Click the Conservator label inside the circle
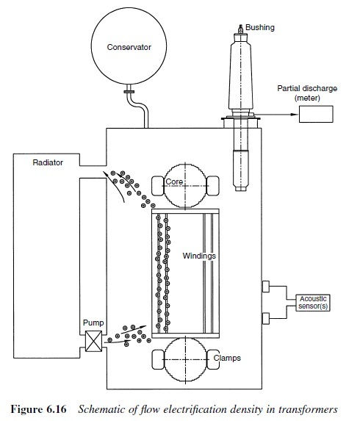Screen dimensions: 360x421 pos(129,47)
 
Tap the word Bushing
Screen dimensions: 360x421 pos(260,28)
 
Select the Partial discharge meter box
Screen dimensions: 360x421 pos(316,114)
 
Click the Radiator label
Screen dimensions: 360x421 pos(48,162)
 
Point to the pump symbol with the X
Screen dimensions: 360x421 pos(94,341)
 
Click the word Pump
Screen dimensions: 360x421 pos(93,323)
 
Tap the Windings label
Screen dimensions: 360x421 pos(199,256)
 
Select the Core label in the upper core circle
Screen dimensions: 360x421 pos(174,181)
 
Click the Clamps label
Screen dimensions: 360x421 pos(227,358)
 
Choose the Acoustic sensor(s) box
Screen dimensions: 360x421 pos(313,303)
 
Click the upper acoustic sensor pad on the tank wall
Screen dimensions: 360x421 pos(265,287)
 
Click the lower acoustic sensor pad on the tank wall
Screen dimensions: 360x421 pos(265,318)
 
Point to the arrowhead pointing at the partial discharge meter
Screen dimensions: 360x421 pos(295,114)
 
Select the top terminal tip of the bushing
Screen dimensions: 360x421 pos(240,26)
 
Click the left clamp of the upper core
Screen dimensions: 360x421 pos(158,186)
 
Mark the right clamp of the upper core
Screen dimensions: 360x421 pos(213,186)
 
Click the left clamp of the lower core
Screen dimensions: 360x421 pos(158,359)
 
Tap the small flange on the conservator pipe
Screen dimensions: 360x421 pos(129,92)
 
